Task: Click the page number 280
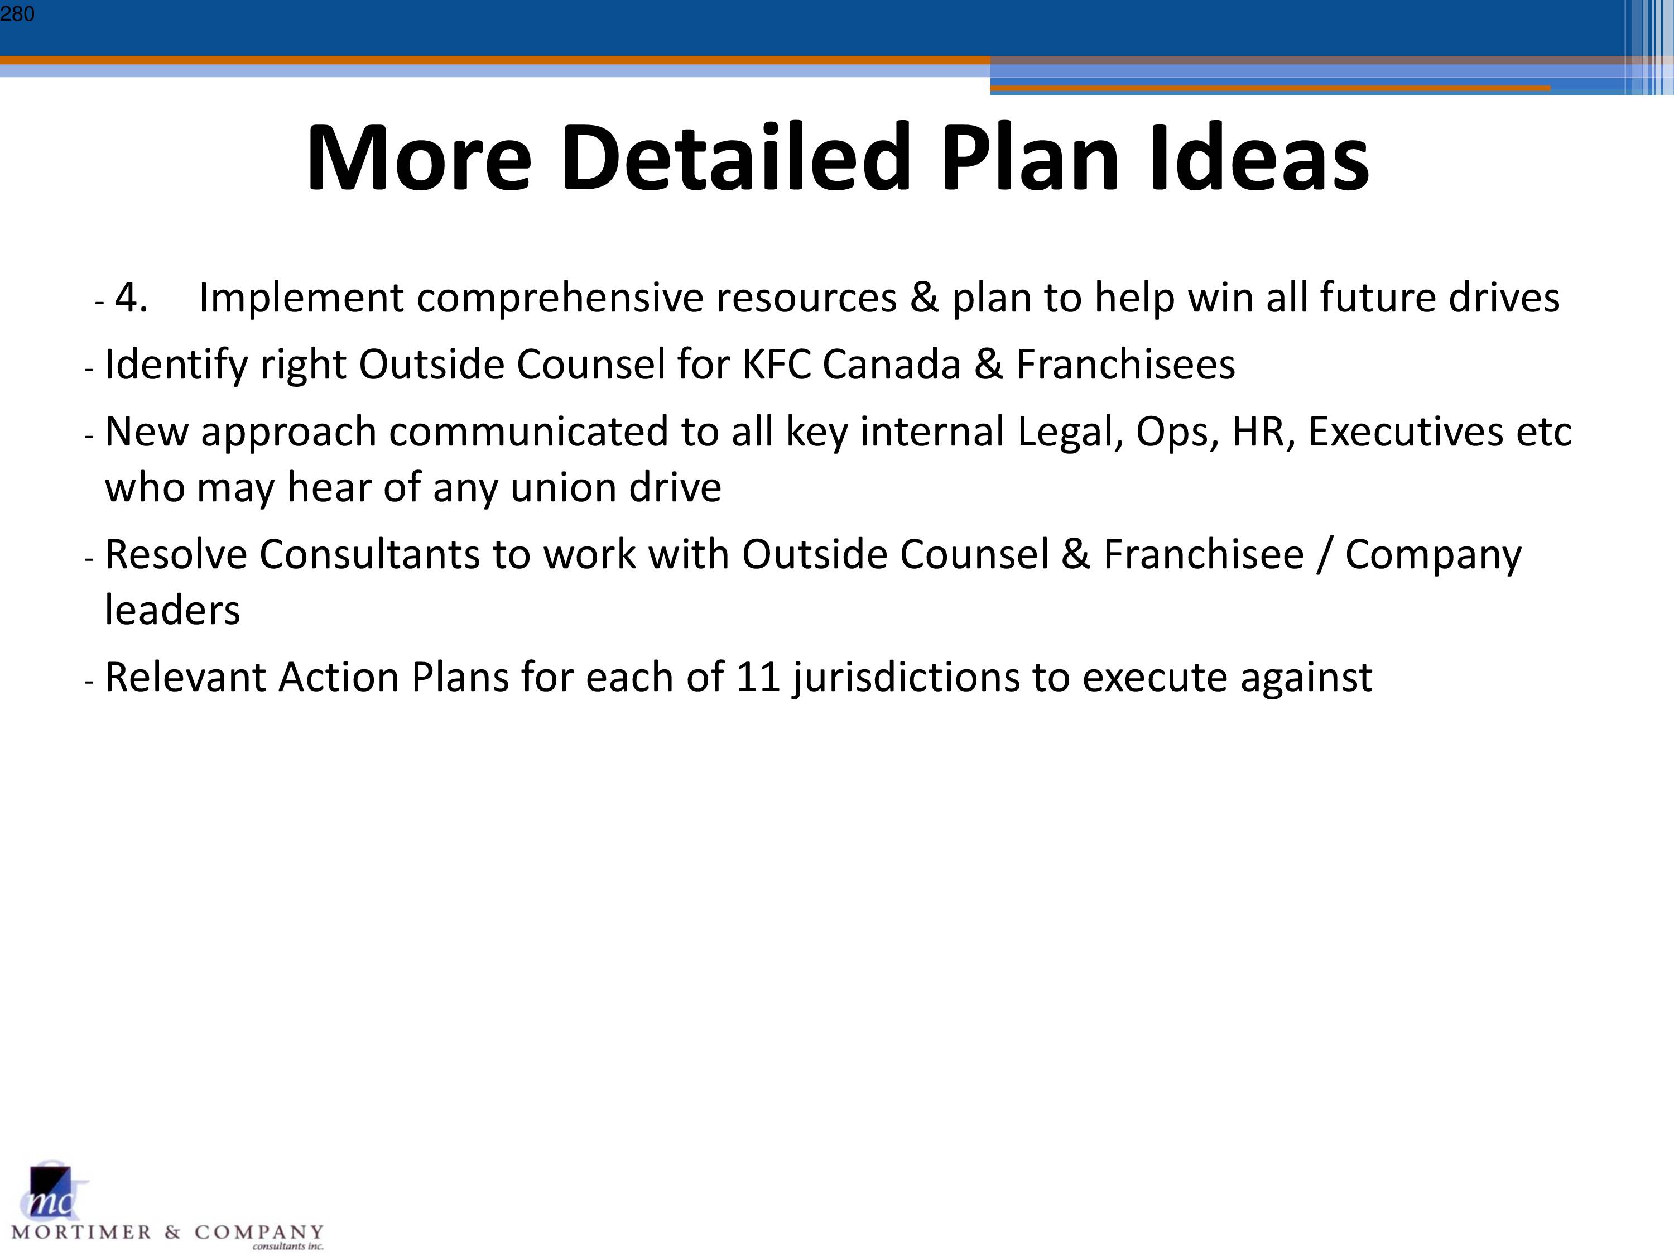click(17, 13)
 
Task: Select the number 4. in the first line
click(131, 298)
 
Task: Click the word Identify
click(176, 366)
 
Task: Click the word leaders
click(172, 610)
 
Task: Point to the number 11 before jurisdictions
click(758, 678)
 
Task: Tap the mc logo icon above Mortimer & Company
click(53, 1191)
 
